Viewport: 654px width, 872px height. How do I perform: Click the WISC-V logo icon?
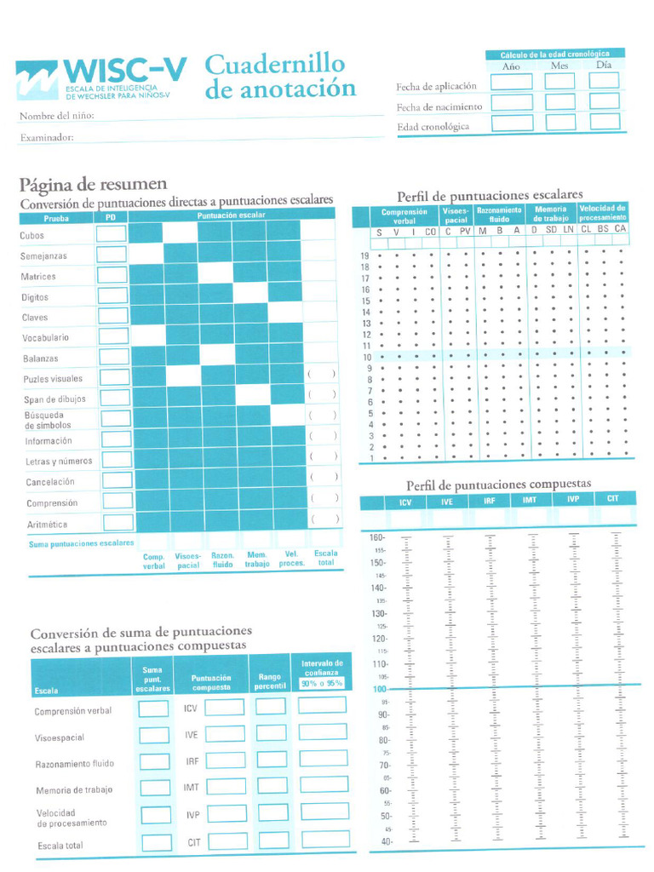point(37,81)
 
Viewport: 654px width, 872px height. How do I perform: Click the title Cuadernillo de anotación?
point(279,77)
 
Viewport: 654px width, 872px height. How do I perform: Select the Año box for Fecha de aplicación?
point(511,82)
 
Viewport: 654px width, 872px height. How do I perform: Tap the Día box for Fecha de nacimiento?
point(604,102)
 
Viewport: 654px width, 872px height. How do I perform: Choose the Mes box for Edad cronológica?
point(560,122)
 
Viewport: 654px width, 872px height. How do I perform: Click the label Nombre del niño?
point(56,116)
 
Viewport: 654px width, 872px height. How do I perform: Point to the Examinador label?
point(46,137)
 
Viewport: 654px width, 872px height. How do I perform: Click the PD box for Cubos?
point(111,233)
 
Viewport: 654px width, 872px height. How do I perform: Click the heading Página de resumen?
point(93,185)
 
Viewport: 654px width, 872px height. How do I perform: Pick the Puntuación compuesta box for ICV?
point(225,708)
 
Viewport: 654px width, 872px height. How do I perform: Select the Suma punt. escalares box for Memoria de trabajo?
point(155,789)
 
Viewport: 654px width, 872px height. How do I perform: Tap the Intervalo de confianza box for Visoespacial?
point(323,732)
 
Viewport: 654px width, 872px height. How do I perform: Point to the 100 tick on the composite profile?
point(379,688)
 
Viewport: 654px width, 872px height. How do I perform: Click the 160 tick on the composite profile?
point(377,538)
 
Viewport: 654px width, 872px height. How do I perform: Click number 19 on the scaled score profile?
point(364,256)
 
